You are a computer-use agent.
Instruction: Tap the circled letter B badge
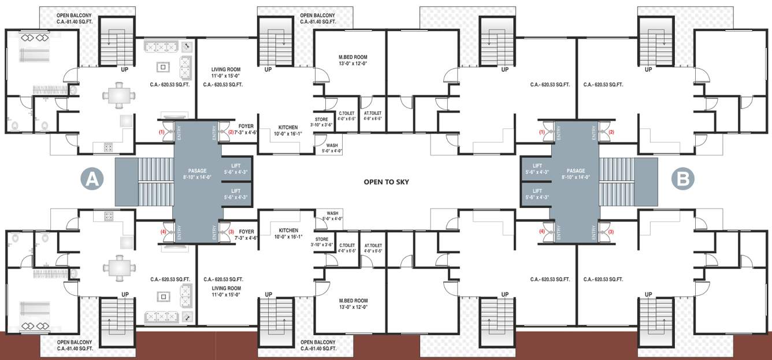click(x=683, y=180)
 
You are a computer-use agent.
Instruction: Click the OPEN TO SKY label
click(x=386, y=181)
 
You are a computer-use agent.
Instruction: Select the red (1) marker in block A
click(x=162, y=132)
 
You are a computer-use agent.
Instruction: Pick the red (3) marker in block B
click(x=611, y=232)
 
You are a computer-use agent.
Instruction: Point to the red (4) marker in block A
click(x=163, y=232)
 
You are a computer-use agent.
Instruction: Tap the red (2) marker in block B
click(x=611, y=132)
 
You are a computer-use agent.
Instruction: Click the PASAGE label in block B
click(x=576, y=170)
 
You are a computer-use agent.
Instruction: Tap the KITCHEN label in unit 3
click(x=288, y=230)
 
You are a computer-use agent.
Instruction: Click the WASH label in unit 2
click(x=332, y=146)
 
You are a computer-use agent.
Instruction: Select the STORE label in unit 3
click(x=321, y=239)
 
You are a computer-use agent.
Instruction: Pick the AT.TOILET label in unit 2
click(x=373, y=113)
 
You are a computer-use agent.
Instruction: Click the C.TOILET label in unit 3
click(x=347, y=245)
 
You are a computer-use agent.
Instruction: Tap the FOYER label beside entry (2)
click(x=246, y=125)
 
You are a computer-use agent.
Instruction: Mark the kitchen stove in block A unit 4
click(x=109, y=217)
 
